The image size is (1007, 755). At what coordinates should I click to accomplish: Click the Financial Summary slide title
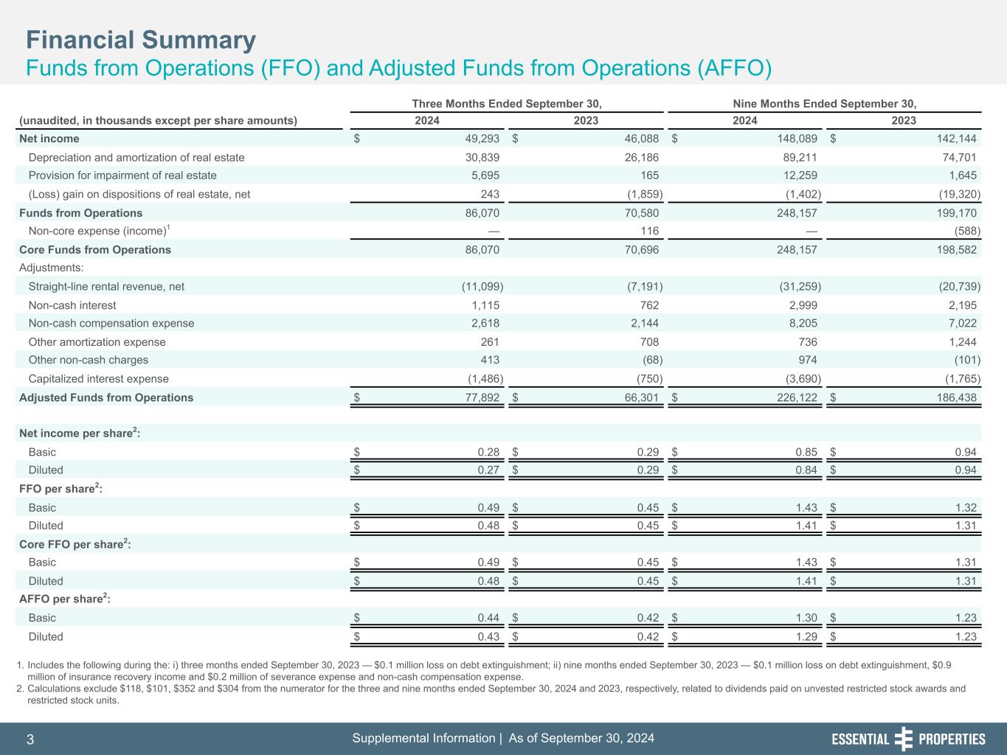coord(141,40)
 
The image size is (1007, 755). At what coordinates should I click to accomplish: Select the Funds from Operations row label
coord(80,213)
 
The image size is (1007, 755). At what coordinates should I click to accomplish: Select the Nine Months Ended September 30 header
coord(824,103)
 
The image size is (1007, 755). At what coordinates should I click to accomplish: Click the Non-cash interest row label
coord(72,305)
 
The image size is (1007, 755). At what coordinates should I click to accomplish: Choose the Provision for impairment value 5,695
coord(485,175)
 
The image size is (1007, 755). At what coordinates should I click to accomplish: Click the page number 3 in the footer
coord(30,740)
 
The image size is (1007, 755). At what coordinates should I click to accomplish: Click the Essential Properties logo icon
coord(904,739)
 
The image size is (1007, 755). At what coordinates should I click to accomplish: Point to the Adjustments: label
coord(51,268)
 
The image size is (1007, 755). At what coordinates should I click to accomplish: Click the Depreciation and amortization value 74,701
coord(958,157)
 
